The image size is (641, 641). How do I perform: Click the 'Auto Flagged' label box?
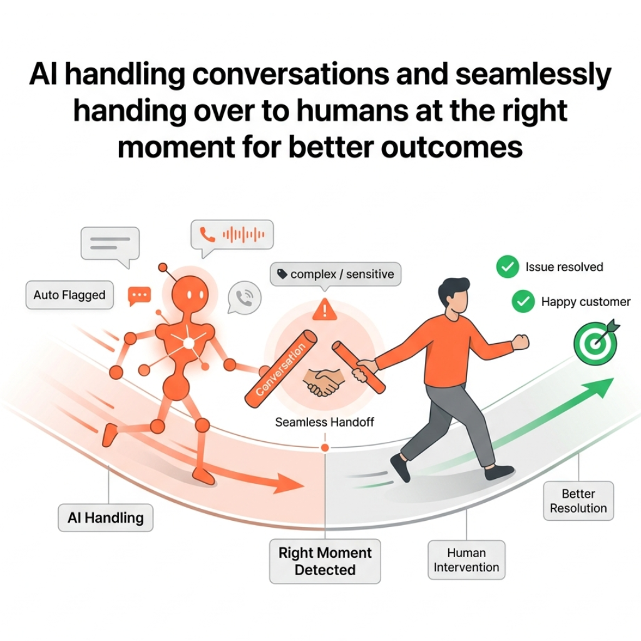coord(69,295)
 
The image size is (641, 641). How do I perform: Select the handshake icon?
coord(323,381)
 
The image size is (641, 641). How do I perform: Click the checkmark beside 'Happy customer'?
coord(523,302)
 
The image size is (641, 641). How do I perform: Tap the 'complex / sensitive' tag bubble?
coord(337,274)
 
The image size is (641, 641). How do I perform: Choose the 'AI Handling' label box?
coord(106,518)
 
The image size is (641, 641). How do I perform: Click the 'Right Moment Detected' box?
coord(325,561)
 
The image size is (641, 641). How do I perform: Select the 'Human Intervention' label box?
coord(466,560)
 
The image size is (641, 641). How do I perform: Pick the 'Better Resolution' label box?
coord(578,501)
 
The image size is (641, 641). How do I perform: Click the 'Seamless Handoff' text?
coord(324,423)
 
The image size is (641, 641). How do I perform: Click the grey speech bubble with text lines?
coord(110,244)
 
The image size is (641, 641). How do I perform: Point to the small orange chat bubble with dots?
coord(139,295)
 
